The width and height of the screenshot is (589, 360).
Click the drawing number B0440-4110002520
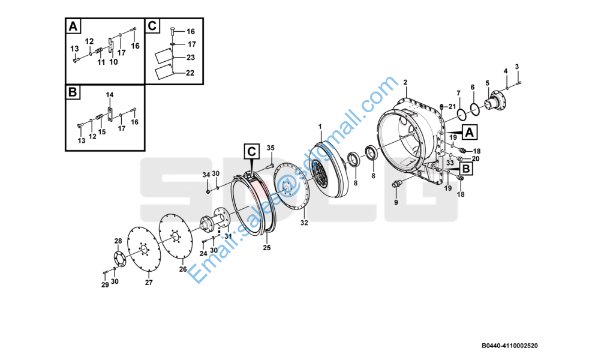click(x=510, y=346)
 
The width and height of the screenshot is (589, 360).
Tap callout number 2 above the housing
click(x=405, y=82)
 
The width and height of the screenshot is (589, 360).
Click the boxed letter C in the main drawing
click(x=251, y=151)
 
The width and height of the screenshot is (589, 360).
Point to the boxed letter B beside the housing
click(x=466, y=169)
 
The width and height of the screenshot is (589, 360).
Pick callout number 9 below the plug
click(x=396, y=203)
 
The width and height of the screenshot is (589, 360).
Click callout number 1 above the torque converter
click(x=320, y=127)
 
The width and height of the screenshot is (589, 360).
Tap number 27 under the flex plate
click(x=149, y=282)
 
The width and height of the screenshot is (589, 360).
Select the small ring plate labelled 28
click(x=119, y=259)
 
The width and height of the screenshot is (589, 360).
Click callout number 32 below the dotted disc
click(x=304, y=223)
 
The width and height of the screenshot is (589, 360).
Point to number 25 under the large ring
click(x=267, y=248)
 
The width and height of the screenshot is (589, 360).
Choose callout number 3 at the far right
click(x=517, y=67)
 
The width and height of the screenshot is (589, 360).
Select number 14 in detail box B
click(x=109, y=95)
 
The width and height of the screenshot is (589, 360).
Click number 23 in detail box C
click(x=191, y=58)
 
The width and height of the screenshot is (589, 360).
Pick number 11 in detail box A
click(x=101, y=62)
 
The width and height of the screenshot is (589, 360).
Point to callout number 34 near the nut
click(x=206, y=175)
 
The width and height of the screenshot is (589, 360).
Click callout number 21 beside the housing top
click(x=452, y=107)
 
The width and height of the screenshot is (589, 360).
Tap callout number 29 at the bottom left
click(x=105, y=285)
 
